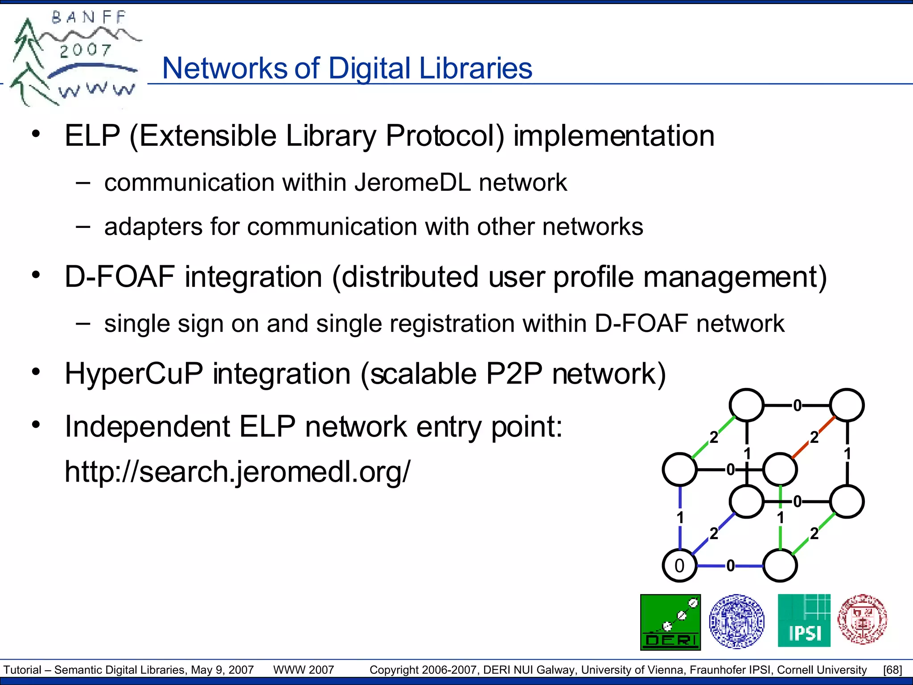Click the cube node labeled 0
[x=679, y=565]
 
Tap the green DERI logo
[x=670, y=622]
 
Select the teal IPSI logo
[x=804, y=620]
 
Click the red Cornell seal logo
[x=862, y=619]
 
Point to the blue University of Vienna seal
[x=736, y=621]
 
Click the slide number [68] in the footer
[x=892, y=670]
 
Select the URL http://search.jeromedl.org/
[x=237, y=471]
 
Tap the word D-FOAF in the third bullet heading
[x=119, y=277]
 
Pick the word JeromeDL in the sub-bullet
[x=413, y=182]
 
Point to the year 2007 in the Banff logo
[x=85, y=50]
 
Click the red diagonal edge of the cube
[x=814, y=437]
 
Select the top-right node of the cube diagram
[x=847, y=405]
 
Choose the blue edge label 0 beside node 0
[x=730, y=566]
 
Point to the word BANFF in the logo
[x=89, y=17]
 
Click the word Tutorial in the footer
[x=22, y=670]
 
